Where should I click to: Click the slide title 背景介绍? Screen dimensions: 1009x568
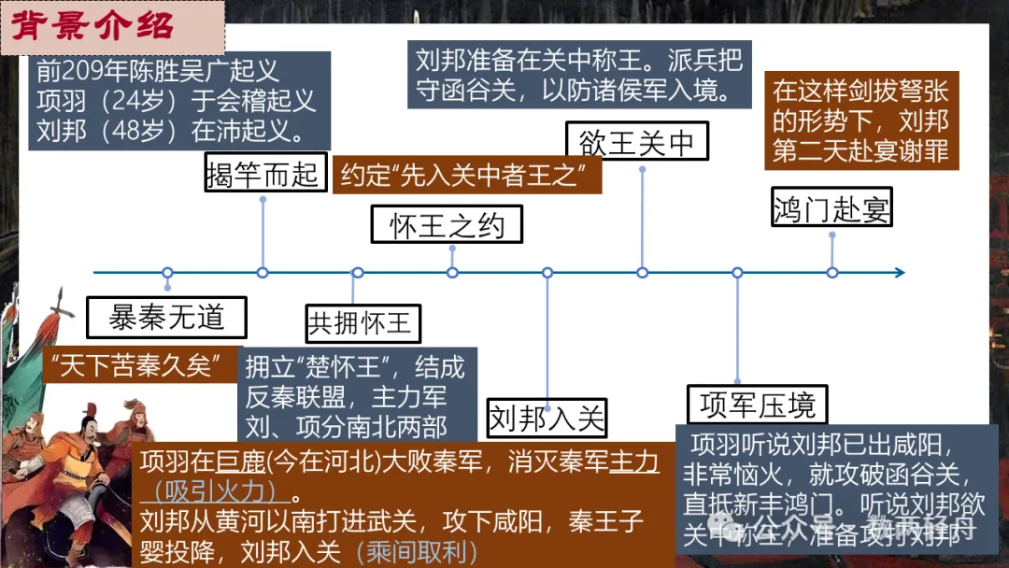(x=93, y=25)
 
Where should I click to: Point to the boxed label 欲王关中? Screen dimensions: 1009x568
(x=637, y=142)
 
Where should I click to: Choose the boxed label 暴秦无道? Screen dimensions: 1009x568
(x=166, y=318)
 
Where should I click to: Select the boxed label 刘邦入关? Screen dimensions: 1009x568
(x=547, y=417)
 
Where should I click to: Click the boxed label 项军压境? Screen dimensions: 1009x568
(x=757, y=405)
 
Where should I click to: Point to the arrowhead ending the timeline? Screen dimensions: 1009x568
(x=899, y=273)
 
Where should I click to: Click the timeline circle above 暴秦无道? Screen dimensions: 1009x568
(x=167, y=273)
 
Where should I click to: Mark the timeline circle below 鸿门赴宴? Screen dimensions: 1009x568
(x=831, y=273)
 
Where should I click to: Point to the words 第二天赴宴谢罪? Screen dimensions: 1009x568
(x=860, y=149)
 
